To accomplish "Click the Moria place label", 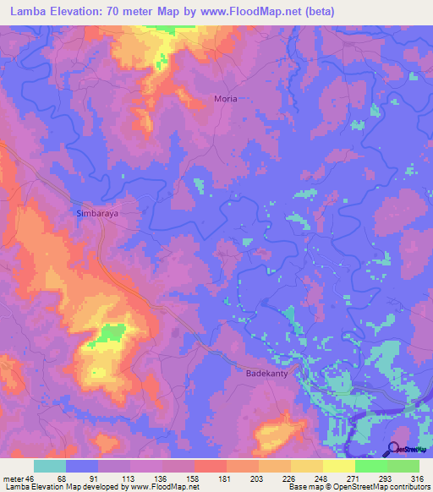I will [225, 99].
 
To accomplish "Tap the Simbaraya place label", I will [96, 214].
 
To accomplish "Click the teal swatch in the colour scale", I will [50, 466].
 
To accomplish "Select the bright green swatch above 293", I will [371, 466].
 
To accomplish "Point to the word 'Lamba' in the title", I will [25, 12].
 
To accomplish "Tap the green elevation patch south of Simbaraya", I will [108, 333].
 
